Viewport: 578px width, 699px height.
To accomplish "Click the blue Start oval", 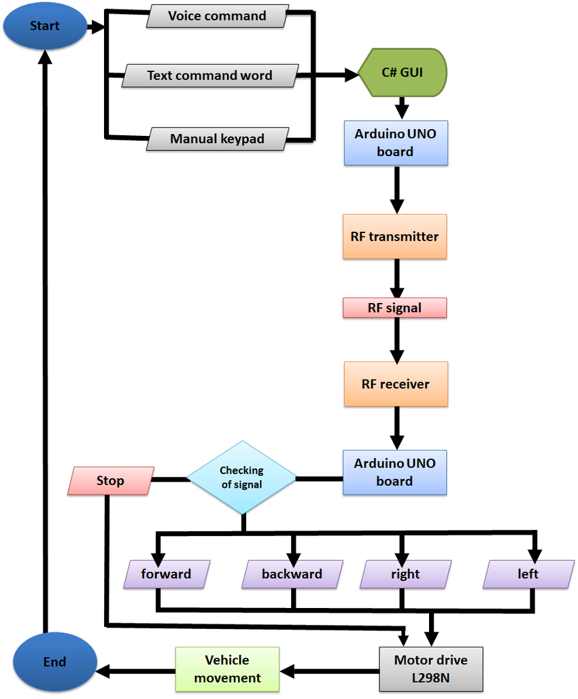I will click(x=44, y=26).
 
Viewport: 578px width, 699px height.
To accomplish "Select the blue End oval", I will click(x=54, y=662).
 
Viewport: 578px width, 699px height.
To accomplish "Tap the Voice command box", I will click(x=217, y=16).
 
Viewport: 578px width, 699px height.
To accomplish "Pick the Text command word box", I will click(x=209, y=75).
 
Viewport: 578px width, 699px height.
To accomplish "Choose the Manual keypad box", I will click(x=217, y=139).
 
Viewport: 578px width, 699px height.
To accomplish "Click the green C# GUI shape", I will click(x=403, y=72).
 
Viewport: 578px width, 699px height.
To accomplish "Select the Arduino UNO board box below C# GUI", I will click(x=396, y=143).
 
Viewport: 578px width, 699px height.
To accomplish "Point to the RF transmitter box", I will click(x=394, y=236).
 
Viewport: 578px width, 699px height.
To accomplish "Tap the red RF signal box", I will click(x=394, y=308).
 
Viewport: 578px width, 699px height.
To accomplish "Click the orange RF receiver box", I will click(x=395, y=384).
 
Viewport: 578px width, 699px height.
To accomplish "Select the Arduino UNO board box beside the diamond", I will click(x=394, y=472).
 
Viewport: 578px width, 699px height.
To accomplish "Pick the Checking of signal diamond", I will click(x=241, y=477).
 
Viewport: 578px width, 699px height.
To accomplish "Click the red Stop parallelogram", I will click(x=110, y=481).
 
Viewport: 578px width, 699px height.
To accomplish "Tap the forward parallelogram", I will click(x=167, y=574).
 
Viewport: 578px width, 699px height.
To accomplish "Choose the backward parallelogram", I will click(x=292, y=574).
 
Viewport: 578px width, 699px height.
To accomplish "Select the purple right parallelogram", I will click(x=405, y=574).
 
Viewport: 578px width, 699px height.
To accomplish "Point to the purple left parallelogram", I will click(x=528, y=574).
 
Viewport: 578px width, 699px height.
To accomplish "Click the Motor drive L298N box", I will click(x=430, y=668).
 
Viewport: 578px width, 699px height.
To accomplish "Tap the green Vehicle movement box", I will click(x=227, y=668).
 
